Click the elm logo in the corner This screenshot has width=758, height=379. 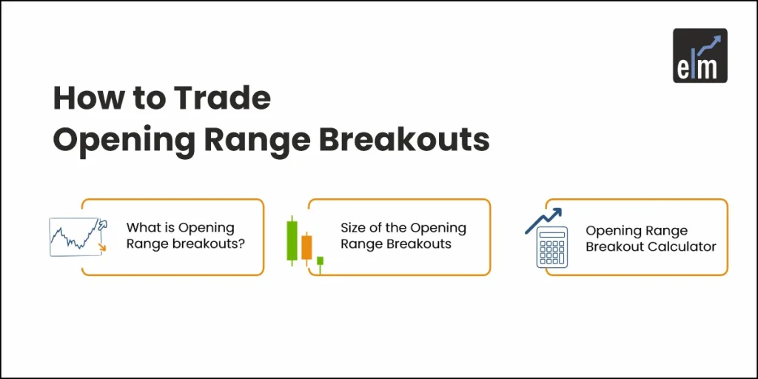[x=700, y=55]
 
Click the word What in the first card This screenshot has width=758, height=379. [x=144, y=228]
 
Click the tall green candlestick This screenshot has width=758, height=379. [x=293, y=241]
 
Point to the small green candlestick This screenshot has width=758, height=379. [x=320, y=261]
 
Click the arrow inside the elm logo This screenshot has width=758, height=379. [x=711, y=44]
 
